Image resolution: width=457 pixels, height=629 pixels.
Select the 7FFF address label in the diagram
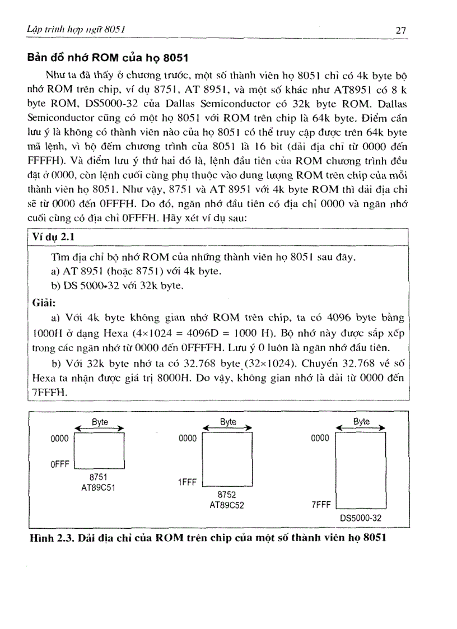point(320,505)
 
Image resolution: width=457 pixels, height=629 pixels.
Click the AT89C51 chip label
point(99,487)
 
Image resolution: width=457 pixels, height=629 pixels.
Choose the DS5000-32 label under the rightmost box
point(361,518)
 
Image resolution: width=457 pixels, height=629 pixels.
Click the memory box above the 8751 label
point(99,449)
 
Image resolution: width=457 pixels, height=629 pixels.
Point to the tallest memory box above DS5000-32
point(360,470)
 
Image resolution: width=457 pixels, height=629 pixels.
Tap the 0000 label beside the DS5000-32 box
point(320,439)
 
